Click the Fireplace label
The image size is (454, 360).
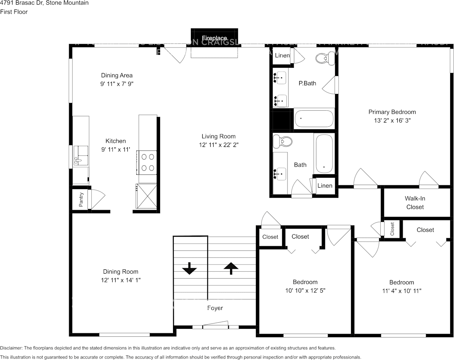pos(214,38)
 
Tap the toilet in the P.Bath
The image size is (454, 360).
pos(324,58)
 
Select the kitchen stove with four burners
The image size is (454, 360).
pos(148,162)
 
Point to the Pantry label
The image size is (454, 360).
pos(81,199)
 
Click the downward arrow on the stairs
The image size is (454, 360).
pos(189,269)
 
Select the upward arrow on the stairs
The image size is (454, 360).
pos(231,268)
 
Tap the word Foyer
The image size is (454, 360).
pos(215,308)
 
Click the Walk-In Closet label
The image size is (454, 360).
pos(415,203)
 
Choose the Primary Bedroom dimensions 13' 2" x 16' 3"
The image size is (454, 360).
pos(392,120)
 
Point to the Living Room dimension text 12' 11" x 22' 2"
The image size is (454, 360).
pos(218,145)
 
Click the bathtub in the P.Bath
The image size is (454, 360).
pos(314,118)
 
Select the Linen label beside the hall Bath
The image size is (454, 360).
pos(325,186)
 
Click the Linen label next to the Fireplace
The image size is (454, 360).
pos(282,56)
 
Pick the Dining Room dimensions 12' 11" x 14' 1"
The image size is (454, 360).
pos(120,280)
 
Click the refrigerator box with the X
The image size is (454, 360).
pos(146,196)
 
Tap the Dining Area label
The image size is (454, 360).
pos(117,75)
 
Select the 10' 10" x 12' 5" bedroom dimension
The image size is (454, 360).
pos(305,290)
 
